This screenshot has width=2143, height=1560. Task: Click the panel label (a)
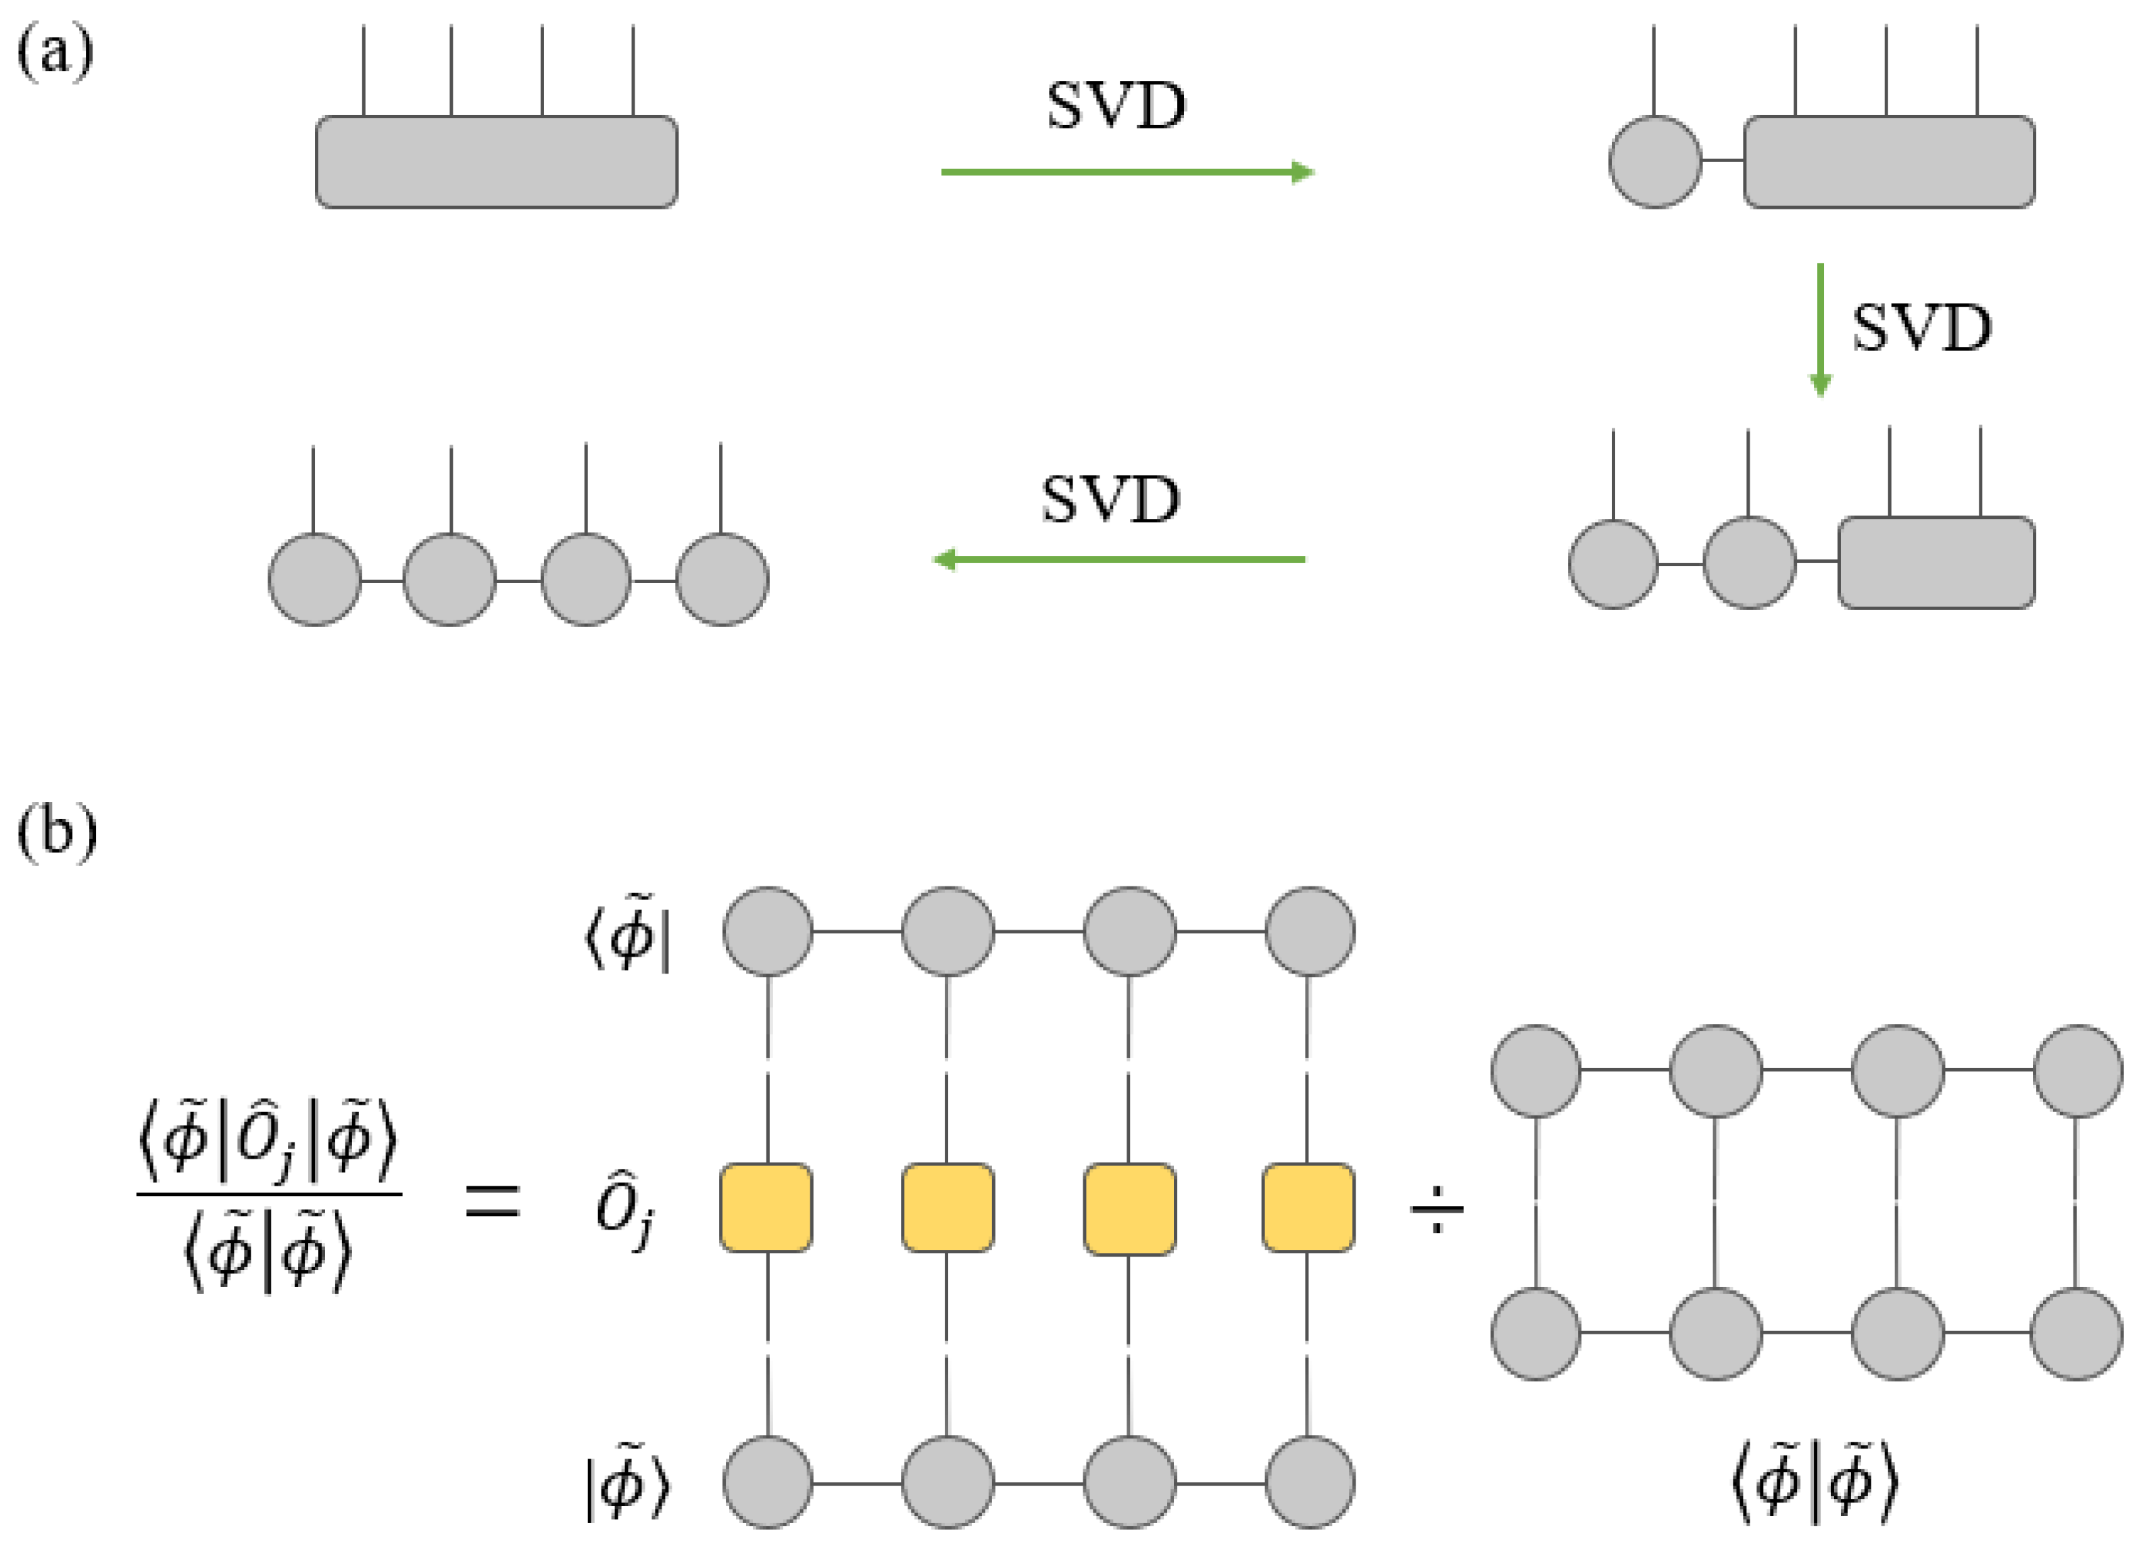click(x=55, y=52)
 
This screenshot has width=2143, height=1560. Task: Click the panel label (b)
click(x=57, y=832)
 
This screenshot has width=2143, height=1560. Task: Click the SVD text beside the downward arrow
click(x=1921, y=329)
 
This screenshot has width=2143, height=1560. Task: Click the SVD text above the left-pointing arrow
click(x=1110, y=499)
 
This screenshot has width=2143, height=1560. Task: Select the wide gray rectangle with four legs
click(x=496, y=161)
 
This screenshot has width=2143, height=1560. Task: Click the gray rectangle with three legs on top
click(x=1888, y=161)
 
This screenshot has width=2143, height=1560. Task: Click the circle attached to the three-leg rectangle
click(x=1654, y=161)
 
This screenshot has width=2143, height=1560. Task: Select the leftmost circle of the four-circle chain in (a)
click(x=315, y=579)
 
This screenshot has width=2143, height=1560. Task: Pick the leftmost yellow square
click(x=766, y=1209)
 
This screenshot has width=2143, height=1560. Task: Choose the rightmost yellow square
click(x=1308, y=1209)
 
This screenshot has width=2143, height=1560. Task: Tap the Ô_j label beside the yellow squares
click(x=624, y=1211)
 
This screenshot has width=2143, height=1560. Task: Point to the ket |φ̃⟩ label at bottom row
click(x=627, y=1484)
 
